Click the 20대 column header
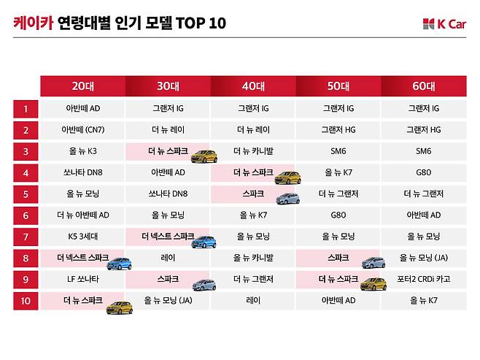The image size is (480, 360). pyautogui.click(x=82, y=86)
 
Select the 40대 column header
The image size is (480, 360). pyautogui.click(x=253, y=86)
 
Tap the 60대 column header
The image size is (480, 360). pyautogui.click(x=423, y=86)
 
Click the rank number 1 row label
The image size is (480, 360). pyautogui.click(x=26, y=109)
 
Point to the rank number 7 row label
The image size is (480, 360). pyautogui.click(x=26, y=237)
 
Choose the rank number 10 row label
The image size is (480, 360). pyautogui.click(x=26, y=300)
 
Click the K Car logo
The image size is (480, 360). pyautogui.click(x=444, y=24)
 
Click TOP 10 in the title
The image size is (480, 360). pyautogui.click(x=206, y=23)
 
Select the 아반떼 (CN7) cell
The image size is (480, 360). pyautogui.click(x=82, y=130)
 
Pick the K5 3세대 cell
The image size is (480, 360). pyautogui.click(x=82, y=237)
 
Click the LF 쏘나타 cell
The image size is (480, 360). pyautogui.click(x=82, y=279)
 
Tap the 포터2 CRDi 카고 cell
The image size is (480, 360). pyautogui.click(x=423, y=279)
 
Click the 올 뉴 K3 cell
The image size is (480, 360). pyautogui.click(x=82, y=151)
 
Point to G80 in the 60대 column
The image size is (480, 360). pyautogui.click(x=423, y=172)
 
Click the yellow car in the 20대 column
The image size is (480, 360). pyautogui.click(x=119, y=307)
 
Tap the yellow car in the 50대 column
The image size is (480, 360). pyautogui.click(x=373, y=284)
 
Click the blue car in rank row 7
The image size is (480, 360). pyautogui.click(x=204, y=242)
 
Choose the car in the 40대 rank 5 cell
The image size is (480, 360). pyautogui.click(x=287, y=199)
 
